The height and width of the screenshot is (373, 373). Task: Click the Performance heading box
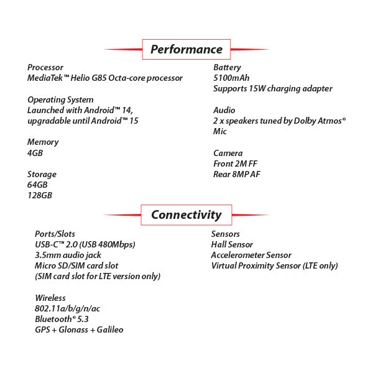(186, 49)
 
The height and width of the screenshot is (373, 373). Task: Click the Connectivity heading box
(186, 215)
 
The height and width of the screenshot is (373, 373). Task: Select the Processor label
(45, 67)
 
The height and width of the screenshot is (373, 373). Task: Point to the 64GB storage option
(37, 185)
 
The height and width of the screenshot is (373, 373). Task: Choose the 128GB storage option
(40, 195)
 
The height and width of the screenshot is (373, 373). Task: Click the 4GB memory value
(35, 152)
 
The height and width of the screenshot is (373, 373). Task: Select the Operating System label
(60, 99)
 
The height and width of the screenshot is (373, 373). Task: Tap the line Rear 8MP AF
(236, 174)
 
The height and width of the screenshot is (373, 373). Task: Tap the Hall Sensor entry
(232, 244)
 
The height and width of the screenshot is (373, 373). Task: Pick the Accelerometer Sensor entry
(251, 255)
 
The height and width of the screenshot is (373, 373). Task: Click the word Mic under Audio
(220, 131)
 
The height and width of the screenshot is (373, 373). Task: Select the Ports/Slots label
(55, 234)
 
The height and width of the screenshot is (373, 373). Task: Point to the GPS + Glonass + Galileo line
(79, 329)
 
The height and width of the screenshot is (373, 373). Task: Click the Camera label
(228, 153)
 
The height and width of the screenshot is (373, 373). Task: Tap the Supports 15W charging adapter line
(272, 88)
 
